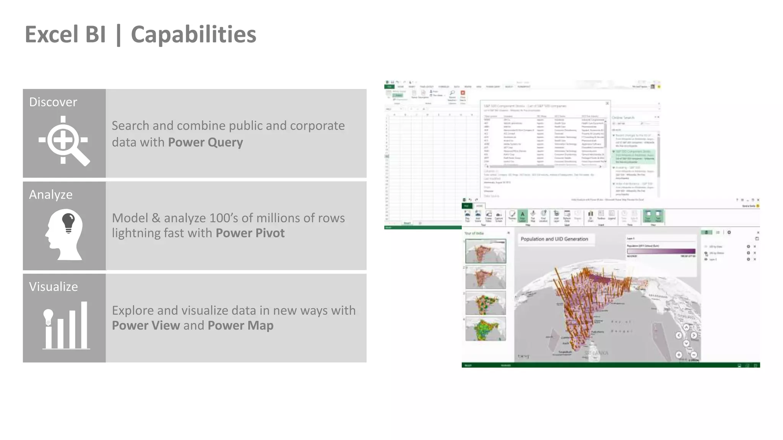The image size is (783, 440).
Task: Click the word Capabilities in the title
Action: tap(193, 35)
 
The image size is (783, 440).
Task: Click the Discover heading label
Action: tap(53, 102)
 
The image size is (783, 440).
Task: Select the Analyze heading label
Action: tap(50, 194)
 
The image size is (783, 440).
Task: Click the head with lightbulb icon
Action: tap(64, 234)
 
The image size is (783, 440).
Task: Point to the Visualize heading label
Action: tap(53, 287)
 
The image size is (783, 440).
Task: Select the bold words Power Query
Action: tap(205, 142)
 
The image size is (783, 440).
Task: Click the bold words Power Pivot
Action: tap(250, 233)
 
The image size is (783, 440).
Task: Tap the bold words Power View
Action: tap(146, 325)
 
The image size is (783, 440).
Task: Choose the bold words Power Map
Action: tap(240, 325)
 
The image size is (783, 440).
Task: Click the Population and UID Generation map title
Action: tap(554, 239)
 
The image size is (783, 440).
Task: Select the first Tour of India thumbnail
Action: tap(486, 251)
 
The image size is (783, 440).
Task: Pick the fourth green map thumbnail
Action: tap(486, 329)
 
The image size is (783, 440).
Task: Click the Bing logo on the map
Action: tap(523, 356)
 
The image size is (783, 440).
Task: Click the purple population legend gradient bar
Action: tap(661, 251)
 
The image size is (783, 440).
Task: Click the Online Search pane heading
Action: tap(623, 118)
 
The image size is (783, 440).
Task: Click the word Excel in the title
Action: tap(52, 35)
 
